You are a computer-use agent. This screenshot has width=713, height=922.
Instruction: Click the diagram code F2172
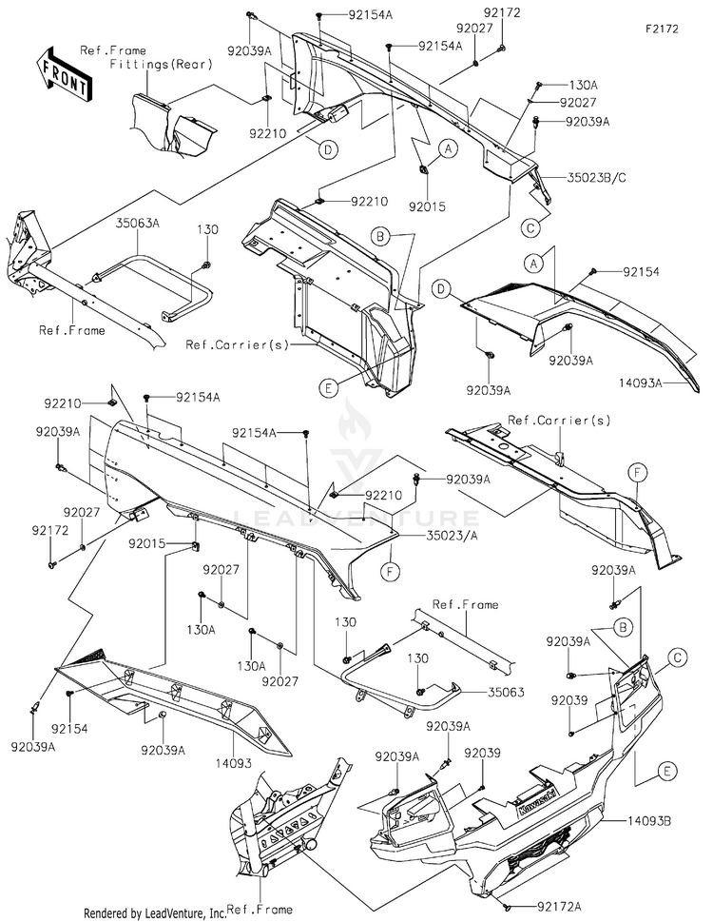662,29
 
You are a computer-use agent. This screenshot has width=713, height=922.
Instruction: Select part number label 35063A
138,223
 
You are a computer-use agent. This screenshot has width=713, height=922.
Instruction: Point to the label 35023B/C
597,177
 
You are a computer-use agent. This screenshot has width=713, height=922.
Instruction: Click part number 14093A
640,383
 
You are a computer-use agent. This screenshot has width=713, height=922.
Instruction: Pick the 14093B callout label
648,820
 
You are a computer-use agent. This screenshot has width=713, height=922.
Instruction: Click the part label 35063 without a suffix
507,692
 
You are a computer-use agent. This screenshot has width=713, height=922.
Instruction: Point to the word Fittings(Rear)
161,64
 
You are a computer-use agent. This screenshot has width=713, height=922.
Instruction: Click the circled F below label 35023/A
390,571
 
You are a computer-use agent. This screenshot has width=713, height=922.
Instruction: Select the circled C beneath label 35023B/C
530,227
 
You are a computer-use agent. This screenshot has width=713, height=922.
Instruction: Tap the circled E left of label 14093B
667,771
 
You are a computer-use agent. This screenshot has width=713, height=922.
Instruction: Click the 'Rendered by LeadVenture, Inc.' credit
155,913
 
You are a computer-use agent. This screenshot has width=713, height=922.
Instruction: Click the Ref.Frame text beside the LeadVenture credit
260,910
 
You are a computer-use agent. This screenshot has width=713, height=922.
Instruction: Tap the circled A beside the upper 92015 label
448,149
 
